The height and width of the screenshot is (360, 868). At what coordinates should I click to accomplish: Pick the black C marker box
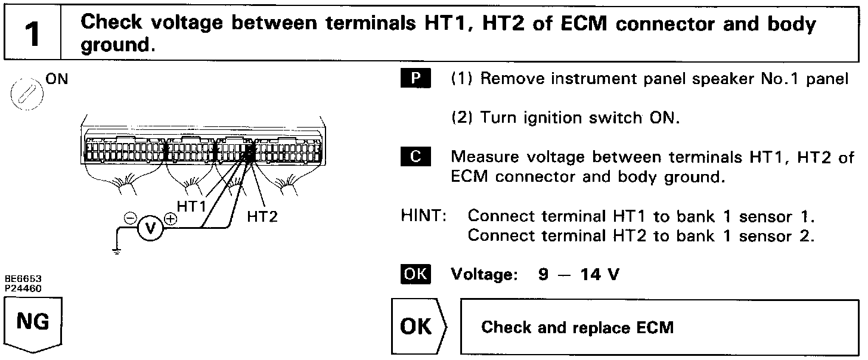pyautogui.click(x=416, y=157)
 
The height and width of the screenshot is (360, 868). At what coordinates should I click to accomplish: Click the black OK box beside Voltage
pyautogui.click(x=416, y=275)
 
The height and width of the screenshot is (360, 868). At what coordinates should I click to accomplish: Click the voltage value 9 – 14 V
pyautogui.click(x=578, y=276)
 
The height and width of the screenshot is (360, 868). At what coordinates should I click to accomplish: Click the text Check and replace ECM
pyautogui.click(x=577, y=328)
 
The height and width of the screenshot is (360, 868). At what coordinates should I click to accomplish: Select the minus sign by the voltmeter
pyautogui.click(x=129, y=218)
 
